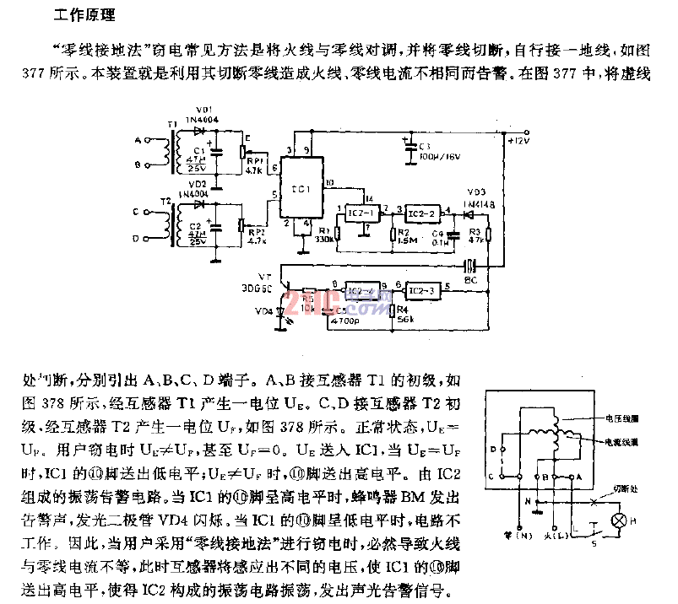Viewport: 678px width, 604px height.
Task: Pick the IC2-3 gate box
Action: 420,291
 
